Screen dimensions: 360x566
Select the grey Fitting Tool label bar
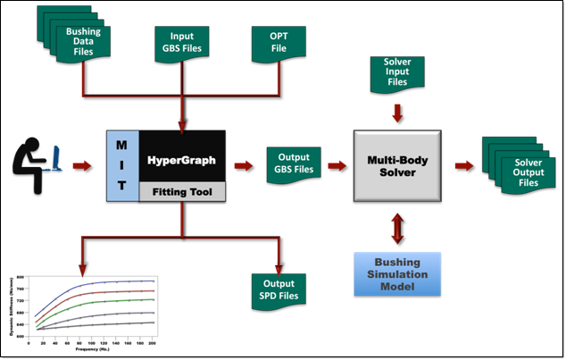pos(182,189)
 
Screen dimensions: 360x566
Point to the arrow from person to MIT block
pos(83,166)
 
